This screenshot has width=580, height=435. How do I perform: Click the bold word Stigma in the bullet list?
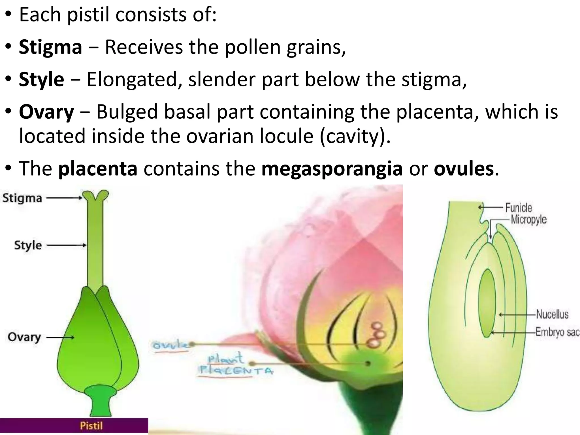(50, 47)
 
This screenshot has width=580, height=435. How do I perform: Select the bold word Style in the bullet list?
(41, 79)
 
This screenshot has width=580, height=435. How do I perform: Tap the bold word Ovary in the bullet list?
(46, 112)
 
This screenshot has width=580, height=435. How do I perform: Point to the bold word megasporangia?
(332, 169)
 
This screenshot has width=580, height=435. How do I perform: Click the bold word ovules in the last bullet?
(464, 169)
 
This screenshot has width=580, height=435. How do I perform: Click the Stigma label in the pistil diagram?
(22, 198)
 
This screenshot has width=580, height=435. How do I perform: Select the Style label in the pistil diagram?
(28, 245)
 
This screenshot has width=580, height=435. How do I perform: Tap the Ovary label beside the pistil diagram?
(24, 337)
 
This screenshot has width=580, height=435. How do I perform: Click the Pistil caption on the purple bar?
(91, 426)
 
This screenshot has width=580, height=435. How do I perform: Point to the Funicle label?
(518, 208)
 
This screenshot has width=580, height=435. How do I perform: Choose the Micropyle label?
(528, 219)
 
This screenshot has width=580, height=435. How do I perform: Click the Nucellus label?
(552, 314)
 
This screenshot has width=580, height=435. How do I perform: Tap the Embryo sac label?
(557, 332)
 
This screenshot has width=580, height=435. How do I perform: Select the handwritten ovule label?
(170, 345)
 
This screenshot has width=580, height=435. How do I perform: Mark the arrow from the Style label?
(66, 245)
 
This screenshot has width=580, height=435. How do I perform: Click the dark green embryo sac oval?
(487, 303)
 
